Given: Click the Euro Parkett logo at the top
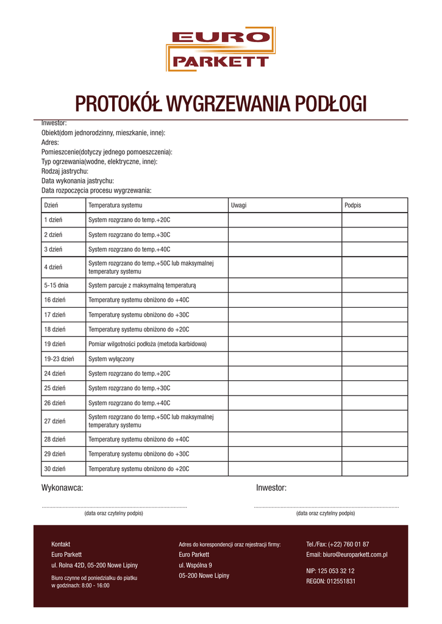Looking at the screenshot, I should coord(220,49).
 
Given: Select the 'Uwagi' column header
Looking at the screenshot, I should coord(238,205).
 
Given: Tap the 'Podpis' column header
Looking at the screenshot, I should coord(352,205).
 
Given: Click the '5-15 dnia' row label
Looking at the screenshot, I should coord(56,285).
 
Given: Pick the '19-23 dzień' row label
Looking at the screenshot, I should coord(59,359).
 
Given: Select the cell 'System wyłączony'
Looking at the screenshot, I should coord(111,359).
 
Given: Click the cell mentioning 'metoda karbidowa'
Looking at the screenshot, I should coord(148,344).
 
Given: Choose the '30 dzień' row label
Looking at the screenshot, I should coord(54,469).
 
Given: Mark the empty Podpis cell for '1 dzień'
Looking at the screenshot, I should coord(374,220).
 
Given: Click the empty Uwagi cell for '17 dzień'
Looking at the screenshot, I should coord(284,314).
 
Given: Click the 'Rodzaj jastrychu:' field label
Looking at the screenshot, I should coord(65,171).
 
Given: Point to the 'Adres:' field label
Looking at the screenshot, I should coord(50,142).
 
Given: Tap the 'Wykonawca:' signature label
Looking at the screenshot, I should coord(62,487).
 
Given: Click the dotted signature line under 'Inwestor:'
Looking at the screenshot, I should coord(326,507).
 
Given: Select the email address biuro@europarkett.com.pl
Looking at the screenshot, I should coord(346,555).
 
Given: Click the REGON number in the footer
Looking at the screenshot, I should coord(330,581).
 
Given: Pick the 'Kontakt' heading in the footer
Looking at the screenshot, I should coord(61,544).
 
